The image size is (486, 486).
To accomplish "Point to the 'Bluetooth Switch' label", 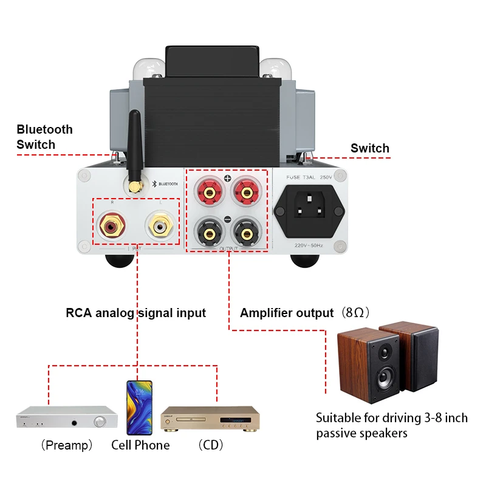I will click(x=44, y=137).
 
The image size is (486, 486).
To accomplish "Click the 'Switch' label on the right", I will click(x=370, y=148).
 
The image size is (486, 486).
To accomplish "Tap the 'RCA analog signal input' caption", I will click(x=135, y=313).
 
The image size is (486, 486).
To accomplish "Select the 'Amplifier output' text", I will click(x=287, y=313).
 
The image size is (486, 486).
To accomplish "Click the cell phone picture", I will click(x=140, y=408).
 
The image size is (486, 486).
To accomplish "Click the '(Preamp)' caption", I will click(x=67, y=445).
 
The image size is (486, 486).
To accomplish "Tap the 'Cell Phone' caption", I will click(x=140, y=445).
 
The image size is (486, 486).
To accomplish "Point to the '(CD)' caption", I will click(x=211, y=445).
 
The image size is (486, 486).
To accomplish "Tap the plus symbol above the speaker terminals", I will click(x=228, y=179).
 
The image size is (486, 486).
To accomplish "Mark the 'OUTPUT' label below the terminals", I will click(x=228, y=248).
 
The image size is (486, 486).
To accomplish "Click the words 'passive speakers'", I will click(x=361, y=433).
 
